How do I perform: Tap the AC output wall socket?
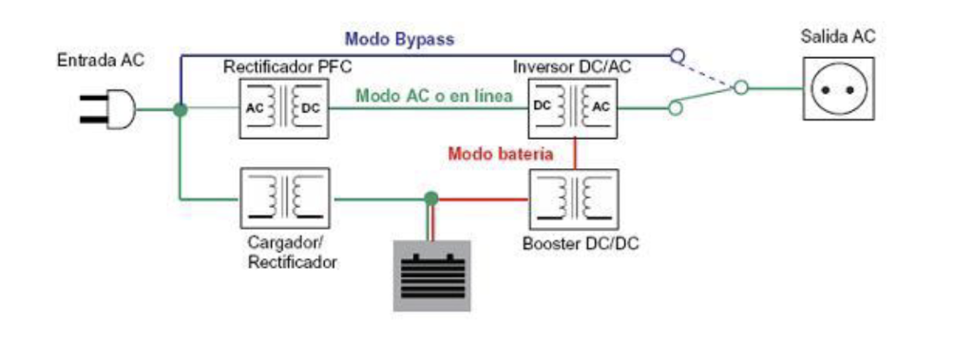838,88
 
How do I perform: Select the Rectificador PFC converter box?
283,108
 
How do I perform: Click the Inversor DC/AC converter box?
571,108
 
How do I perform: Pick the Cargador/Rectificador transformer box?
284,199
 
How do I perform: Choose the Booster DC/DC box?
573,199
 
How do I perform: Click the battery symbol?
432,275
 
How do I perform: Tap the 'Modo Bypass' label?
400,39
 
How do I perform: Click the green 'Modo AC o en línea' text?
434,96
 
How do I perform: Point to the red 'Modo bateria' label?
500,153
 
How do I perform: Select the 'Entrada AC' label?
100,60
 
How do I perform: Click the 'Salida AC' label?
838,37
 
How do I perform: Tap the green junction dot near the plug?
180,110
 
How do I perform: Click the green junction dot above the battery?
431,199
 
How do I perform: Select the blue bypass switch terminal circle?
677,56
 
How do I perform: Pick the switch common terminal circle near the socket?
741,87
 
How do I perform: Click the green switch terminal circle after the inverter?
676,108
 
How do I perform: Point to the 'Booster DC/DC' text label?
581,243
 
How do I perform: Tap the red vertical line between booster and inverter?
575,153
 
